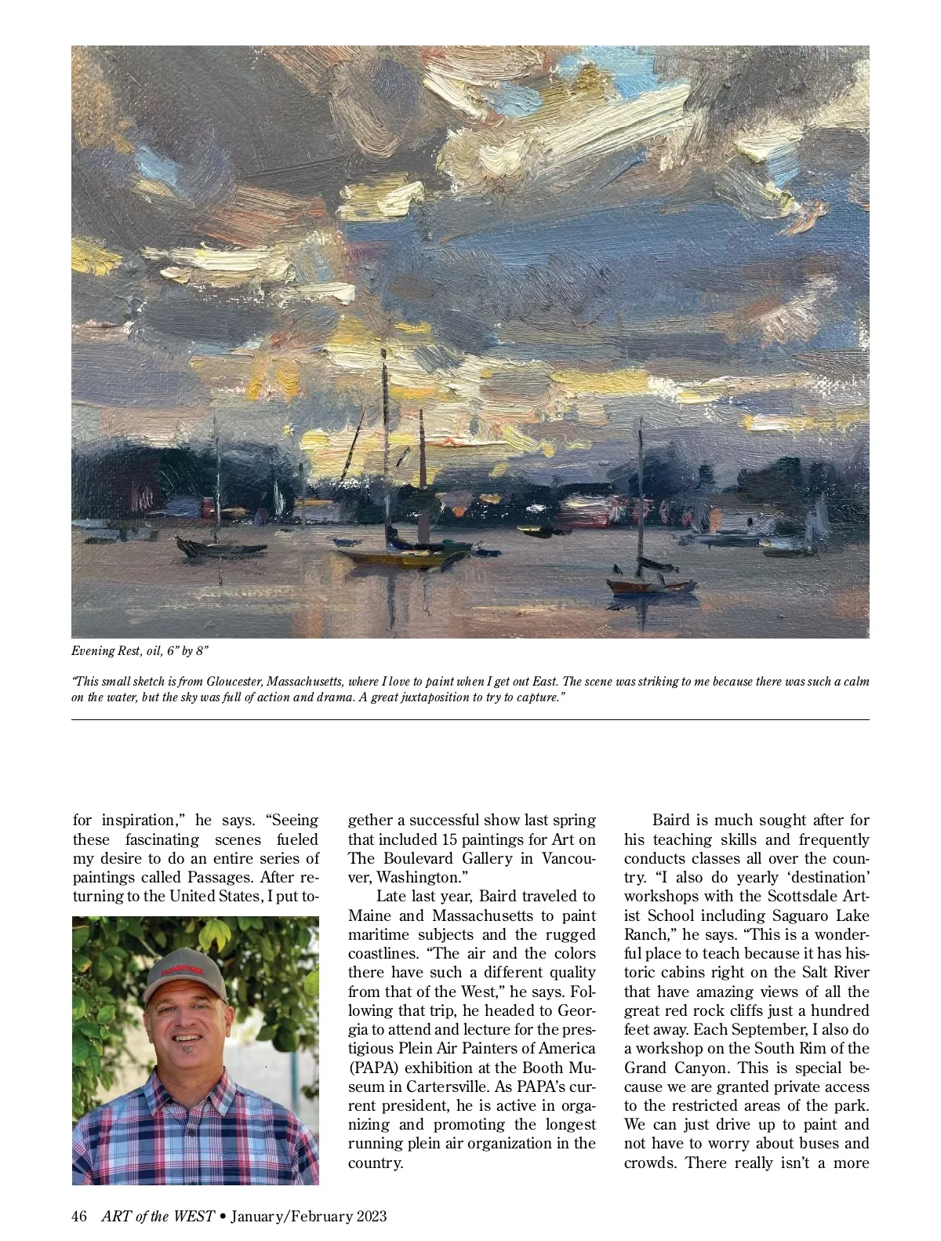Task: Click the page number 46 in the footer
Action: (78, 1217)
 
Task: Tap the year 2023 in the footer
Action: (372, 1217)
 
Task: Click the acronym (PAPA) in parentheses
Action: (371, 1068)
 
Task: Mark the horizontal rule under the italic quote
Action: (470, 719)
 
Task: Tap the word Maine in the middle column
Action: (369, 915)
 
